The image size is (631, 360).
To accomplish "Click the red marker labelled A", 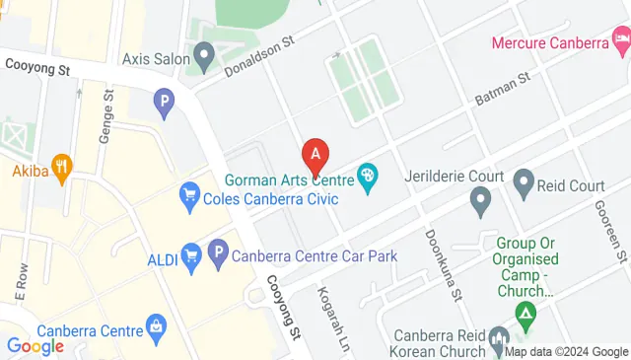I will [x=315, y=155].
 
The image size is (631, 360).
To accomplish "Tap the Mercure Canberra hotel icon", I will [x=621, y=42].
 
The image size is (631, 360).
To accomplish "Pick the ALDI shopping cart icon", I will [x=191, y=257].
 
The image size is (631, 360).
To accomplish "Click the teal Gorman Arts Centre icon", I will [x=367, y=179].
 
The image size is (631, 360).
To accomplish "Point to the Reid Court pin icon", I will [x=524, y=181].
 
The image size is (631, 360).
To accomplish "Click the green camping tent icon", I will [x=526, y=316].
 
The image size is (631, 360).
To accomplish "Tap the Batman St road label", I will [x=502, y=90].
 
